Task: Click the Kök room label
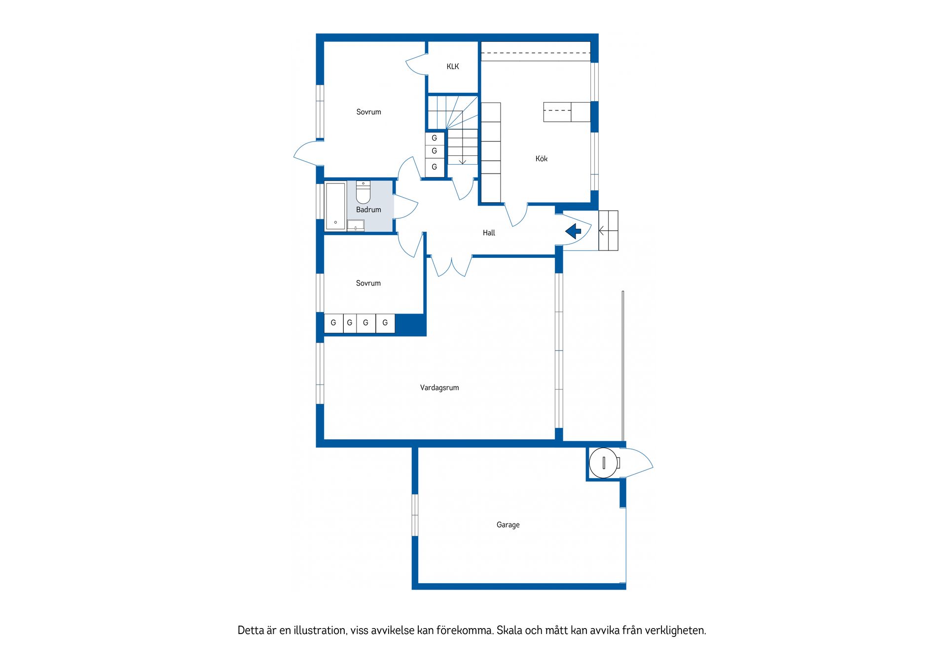pyautogui.click(x=541, y=159)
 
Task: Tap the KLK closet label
pyautogui.click(x=452, y=67)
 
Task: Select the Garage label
pyautogui.click(x=508, y=525)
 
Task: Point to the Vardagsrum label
pyautogui.click(x=439, y=388)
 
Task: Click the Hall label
pyautogui.click(x=489, y=233)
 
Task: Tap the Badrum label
pyautogui.click(x=368, y=210)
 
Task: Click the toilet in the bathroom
pyautogui.click(x=363, y=192)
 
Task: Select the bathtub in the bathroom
pyautogui.click(x=335, y=206)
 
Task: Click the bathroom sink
pyautogui.click(x=356, y=225)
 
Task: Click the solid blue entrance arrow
pyautogui.click(x=573, y=231)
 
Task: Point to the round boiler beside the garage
pyautogui.click(x=604, y=462)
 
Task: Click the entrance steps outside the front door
pyautogui.click(x=608, y=230)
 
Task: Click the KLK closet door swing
pyautogui.click(x=416, y=66)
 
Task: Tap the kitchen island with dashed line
pyautogui.click(x=567, y=112)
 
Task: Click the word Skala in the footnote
pyautogui.click(x=510, y=630)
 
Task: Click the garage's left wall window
pyautogui.click(x=415, y=515)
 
